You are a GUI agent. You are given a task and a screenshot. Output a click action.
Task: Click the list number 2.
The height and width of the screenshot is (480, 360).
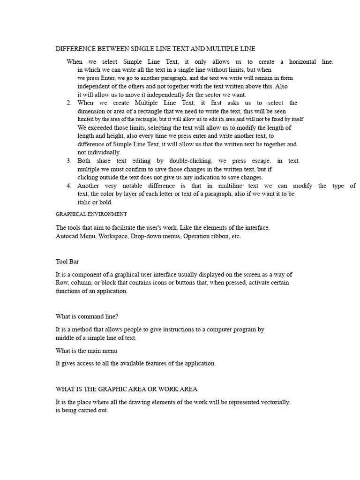(68, 103)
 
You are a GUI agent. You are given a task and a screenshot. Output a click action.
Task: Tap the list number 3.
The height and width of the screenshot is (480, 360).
(68, 161)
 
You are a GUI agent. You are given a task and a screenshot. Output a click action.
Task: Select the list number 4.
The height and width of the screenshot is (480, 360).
(68, 186)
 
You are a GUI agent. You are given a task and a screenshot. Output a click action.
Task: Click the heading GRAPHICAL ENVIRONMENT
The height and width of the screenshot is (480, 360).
(91, 214)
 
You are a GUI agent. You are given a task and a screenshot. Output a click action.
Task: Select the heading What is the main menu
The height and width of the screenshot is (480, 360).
(86, 351)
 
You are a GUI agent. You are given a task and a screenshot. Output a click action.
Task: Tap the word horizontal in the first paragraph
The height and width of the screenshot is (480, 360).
(303, 61)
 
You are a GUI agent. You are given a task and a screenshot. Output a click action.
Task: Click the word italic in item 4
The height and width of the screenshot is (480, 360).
(85, 202)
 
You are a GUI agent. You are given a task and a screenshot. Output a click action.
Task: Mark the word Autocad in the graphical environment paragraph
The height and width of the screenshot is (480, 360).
(67, 236)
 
